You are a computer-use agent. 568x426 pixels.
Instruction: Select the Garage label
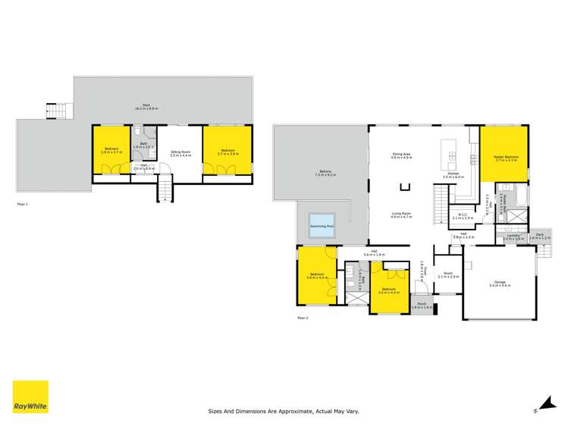500,284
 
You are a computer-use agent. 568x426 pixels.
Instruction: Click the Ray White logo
30,396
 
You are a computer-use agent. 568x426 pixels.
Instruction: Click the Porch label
422,306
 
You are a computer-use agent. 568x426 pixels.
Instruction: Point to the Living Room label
400,215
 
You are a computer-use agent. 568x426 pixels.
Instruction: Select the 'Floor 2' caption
302,318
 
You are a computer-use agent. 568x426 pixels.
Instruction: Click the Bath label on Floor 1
143,146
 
